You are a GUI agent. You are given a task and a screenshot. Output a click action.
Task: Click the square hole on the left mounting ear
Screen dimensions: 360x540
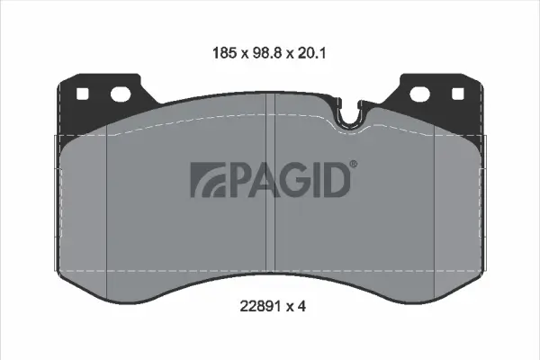[x=82, y=93]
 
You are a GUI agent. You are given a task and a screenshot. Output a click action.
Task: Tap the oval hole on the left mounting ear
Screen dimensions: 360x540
[x=121, y=93]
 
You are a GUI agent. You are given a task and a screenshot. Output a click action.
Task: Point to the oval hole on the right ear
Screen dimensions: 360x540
[x=420, y=93]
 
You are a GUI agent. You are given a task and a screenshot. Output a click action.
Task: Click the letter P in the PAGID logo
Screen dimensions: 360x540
[x=237, y=180]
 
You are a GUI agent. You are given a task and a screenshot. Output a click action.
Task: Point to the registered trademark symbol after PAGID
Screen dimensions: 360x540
[x=353, y=165]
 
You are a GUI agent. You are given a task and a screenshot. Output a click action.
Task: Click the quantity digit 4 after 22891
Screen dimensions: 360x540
[x=302, y=306]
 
